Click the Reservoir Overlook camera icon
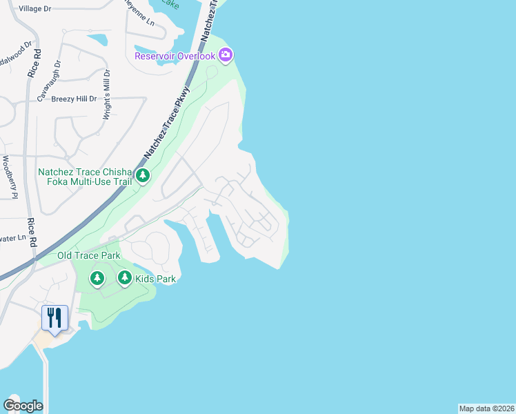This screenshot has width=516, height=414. (226, 55)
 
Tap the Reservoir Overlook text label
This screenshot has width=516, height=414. (175, 55)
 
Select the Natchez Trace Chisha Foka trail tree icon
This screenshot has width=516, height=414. (143, 176)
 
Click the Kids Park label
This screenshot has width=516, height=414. (156, 279)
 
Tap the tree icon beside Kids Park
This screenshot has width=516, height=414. (124, 278)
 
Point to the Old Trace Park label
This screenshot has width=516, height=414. (88, 255)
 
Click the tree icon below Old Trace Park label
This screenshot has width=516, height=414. (97, 278)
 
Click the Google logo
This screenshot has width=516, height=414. (23, 406)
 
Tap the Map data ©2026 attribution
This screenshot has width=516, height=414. (486, 408)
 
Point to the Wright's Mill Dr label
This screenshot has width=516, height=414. (107, 95)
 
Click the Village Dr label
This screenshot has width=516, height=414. (35, 8)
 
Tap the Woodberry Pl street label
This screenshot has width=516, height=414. (8, 177)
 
